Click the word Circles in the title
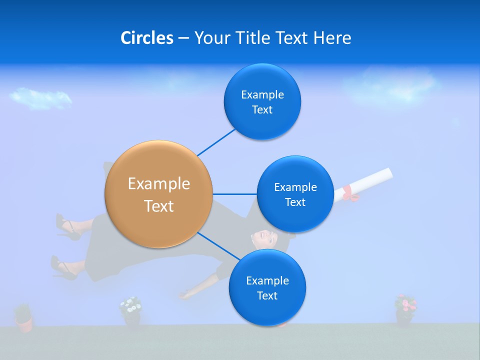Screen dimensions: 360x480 pyautogui.click(x=146, y=38)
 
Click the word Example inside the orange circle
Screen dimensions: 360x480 pyautogui.click(x=159, y=183)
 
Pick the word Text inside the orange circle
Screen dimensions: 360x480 pyautogui.click(x=159, y=206)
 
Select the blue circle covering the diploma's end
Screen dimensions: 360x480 pyautogui.click(x=295, y=194)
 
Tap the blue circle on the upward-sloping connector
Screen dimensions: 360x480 pyautogui.click(x=262, y=101)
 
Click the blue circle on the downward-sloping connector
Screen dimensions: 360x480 pyautogui.click(x=267, y=287)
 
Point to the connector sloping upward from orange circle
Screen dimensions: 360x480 pyautogui.click(x=216, y=142)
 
